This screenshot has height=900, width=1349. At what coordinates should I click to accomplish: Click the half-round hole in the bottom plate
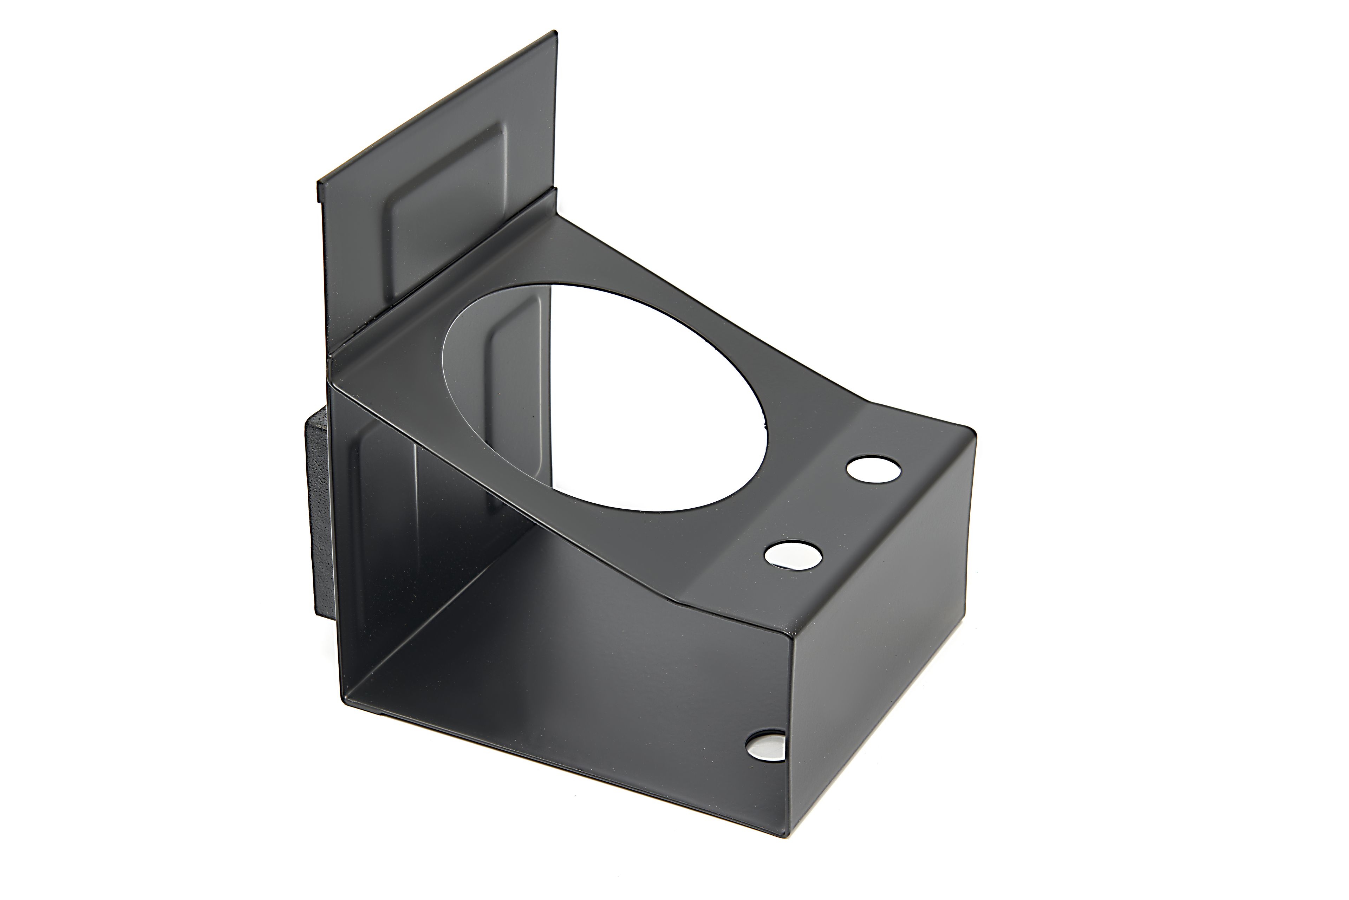766,746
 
